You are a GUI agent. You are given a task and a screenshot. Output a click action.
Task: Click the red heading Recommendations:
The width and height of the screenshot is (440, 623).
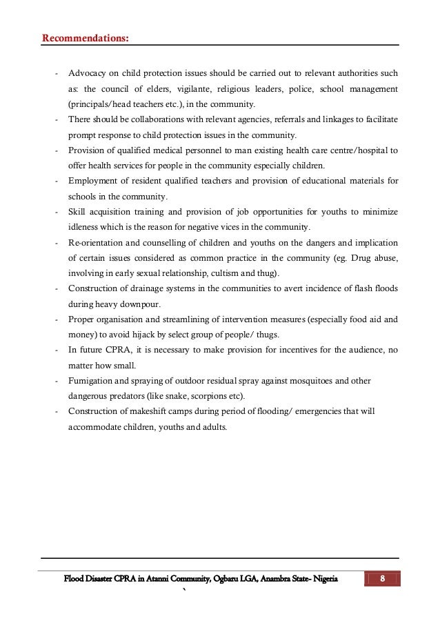(x=85, y=37)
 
